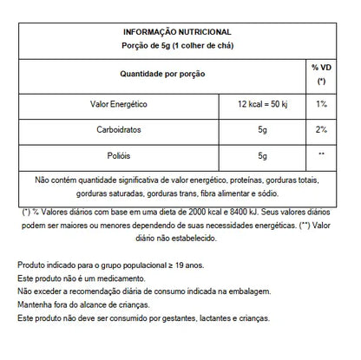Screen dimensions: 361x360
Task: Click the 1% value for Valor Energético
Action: point(321,104)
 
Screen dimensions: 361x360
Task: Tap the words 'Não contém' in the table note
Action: point(55,180)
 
